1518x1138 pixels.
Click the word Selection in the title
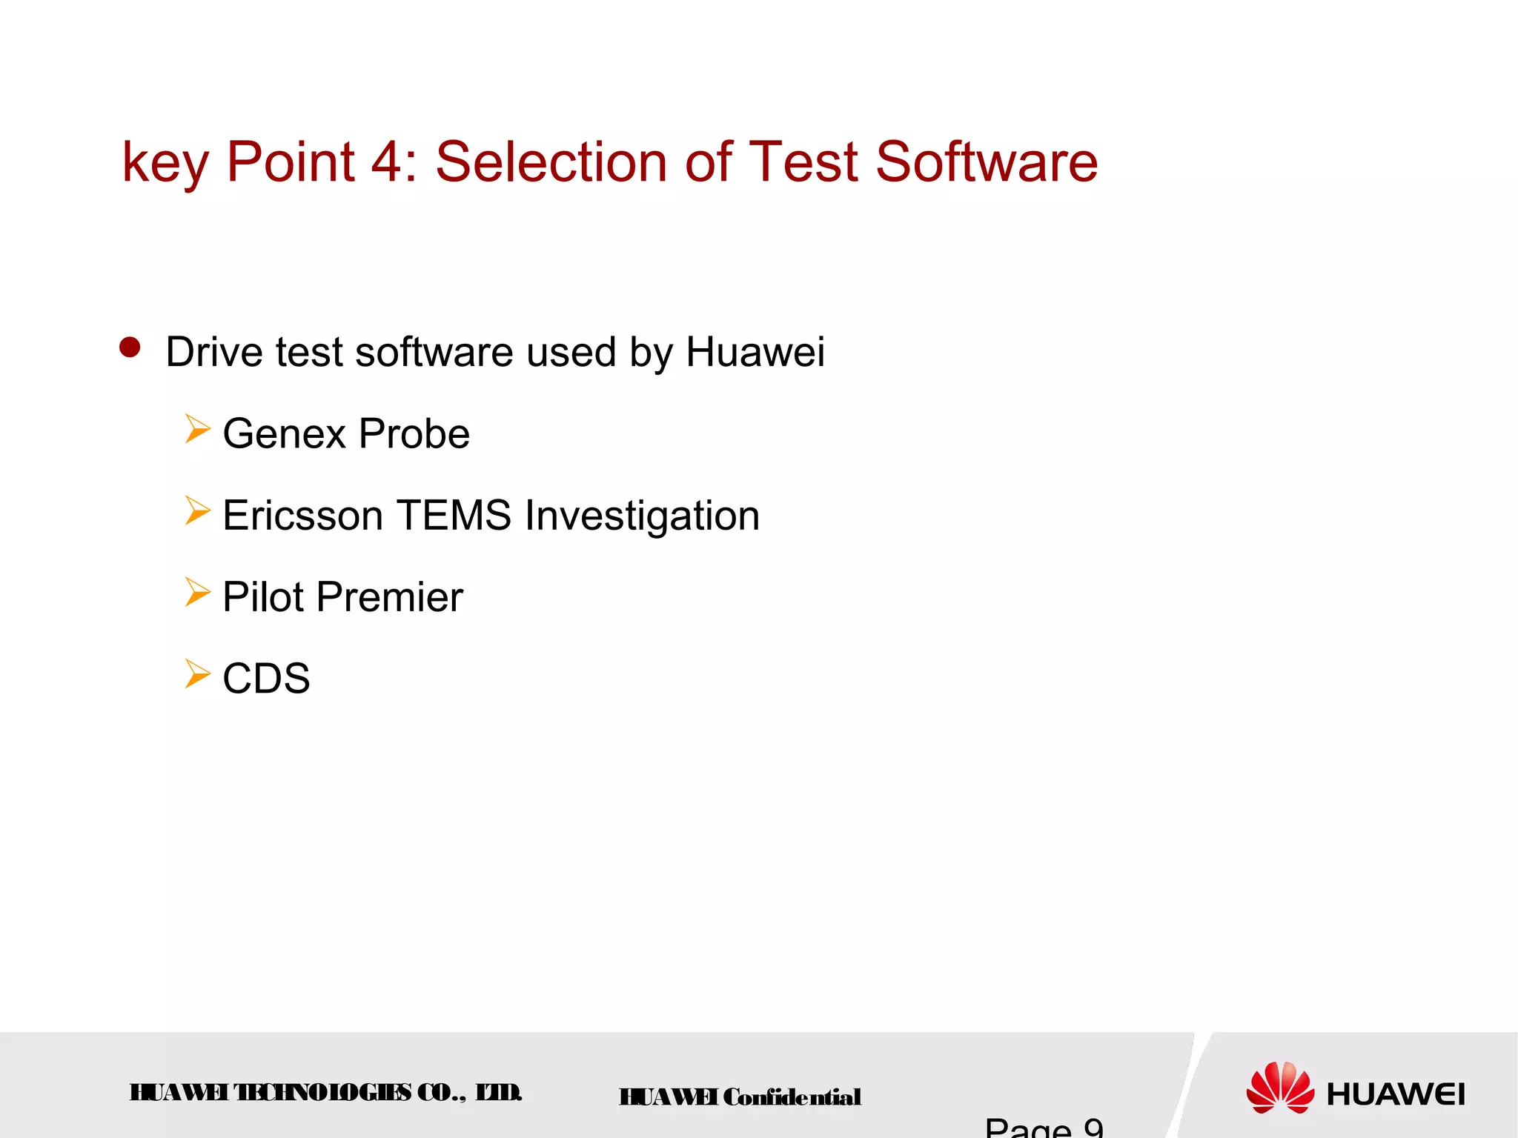pyautogui.click(x=551, y=162)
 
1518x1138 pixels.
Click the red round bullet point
pyautogui.click(x=130, y=347)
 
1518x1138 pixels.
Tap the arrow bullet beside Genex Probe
pyautogui.click(x=197, y=429)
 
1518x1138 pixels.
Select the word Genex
pyautogui.click(x=284, y=433)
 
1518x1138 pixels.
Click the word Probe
pyautogui.click(x=414, y=433)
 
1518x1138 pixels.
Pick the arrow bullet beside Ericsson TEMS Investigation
pyautogui.click(x=197, y=510)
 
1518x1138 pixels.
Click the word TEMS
pyautogui.click(x=454, y=515)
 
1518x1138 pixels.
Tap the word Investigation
pyautogui.click(x=642, y=516)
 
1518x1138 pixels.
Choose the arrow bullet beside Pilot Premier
pyautogui.click(x=197, y=592)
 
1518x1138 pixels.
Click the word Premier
pyautogui.click(x=389, y=597)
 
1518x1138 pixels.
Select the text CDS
pyautogui.click(x=266, y=678)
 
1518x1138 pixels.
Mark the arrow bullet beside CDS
pyautogui.click(x=197, y=673)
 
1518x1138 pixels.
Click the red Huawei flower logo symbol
pyautogui.click(x=1279, y=1087)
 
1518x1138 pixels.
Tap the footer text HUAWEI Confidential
pyautogui.click(x=740, y=1097)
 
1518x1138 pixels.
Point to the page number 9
pyautogui.click(x=1093, y=1128)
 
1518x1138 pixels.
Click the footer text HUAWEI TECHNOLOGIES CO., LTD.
pyautogui.click(x=326, y=1093)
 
